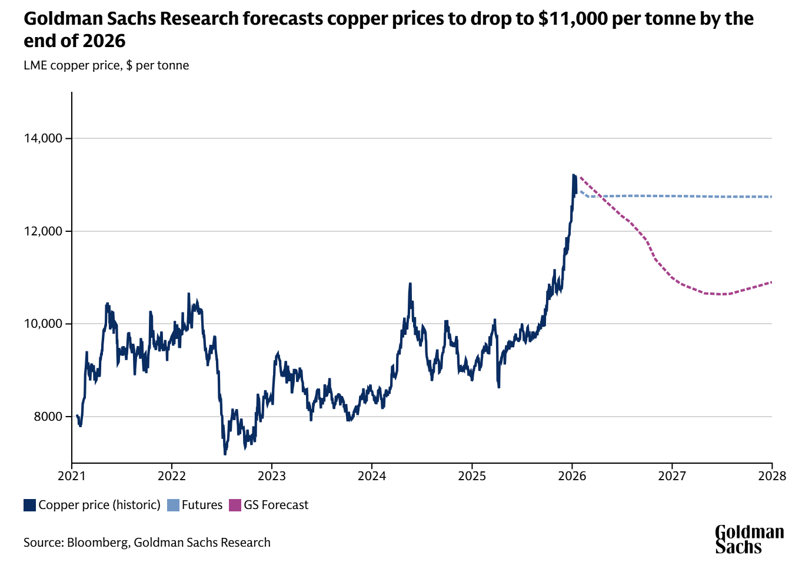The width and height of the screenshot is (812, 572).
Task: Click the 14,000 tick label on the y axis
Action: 43,138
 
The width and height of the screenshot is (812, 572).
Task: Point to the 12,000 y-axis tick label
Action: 43,231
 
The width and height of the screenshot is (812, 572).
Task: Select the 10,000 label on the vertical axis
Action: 43,324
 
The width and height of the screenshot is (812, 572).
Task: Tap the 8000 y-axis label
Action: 48,417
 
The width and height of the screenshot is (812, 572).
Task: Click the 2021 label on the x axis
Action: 72,476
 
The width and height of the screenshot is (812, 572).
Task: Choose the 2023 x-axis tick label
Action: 272,476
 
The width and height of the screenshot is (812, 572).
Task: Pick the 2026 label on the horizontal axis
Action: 572,476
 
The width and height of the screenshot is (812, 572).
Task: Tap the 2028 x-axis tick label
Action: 772,476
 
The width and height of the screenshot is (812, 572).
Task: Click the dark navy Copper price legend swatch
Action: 29,505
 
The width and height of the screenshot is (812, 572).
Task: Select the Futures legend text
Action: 202,505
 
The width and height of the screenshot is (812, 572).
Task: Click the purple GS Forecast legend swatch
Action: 235,505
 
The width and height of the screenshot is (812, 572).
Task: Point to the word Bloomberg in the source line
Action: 98,543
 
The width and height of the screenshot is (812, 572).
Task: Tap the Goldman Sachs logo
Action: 749,540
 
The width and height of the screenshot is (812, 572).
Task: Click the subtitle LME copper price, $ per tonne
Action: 106,65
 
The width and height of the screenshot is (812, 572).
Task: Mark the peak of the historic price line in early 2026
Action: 573,175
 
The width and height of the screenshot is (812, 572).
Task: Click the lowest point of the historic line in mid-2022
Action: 225,454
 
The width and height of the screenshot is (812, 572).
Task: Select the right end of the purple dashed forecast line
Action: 771,282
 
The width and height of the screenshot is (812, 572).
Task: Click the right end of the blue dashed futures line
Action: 771,197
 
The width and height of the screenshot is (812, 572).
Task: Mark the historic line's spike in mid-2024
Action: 410,284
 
